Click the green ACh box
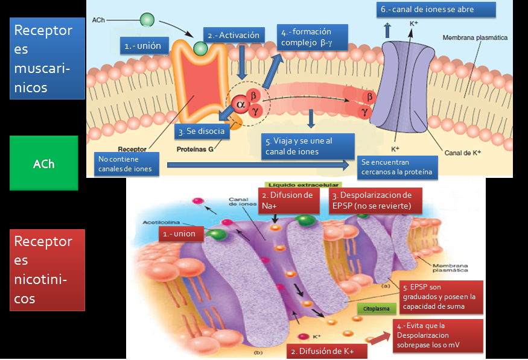44,163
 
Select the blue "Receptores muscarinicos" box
43,58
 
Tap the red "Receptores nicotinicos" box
47,270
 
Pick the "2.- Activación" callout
233,36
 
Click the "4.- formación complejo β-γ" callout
313,38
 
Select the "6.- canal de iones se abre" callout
436,10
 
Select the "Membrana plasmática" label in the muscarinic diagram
475,37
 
